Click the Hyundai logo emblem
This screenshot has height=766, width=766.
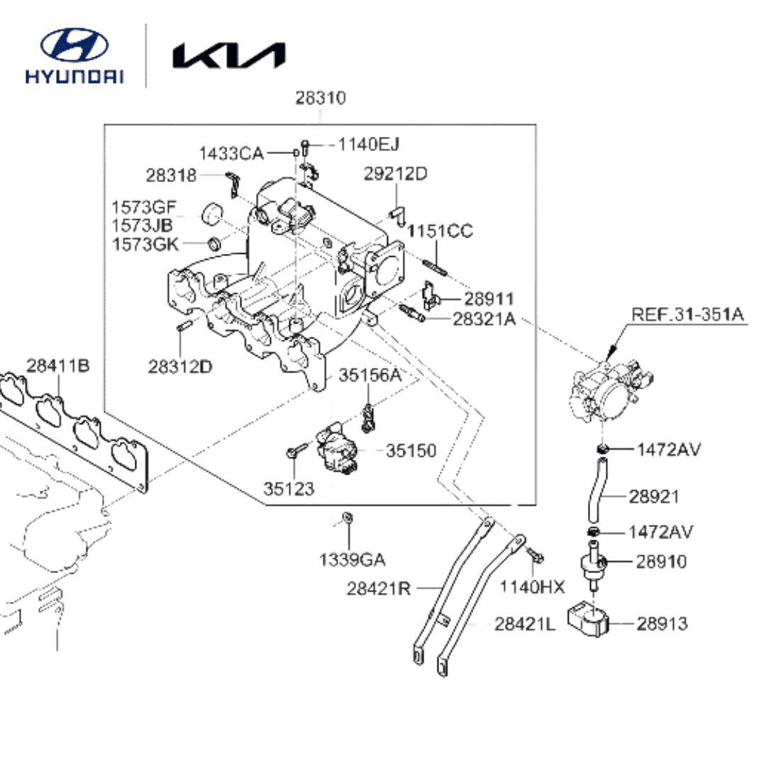(74, 45)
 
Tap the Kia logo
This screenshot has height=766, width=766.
(228, 55)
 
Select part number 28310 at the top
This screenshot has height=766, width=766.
(321, 98)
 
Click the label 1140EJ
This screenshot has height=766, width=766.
(369, 144)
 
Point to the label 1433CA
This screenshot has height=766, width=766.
(231, 153)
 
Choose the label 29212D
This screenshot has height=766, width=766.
(395, 174)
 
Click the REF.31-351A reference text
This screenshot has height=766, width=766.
(687, 315)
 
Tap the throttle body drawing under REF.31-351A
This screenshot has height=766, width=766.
(612, 390)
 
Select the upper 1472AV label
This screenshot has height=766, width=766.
(668, 450)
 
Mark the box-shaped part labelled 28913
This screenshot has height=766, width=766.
(588, 619)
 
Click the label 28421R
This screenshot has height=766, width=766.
(379, 589)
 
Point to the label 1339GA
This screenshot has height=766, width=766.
(352, 560)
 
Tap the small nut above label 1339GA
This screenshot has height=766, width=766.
(348, 517)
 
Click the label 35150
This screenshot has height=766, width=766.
(411, 450)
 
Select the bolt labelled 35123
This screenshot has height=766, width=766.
(297, 450)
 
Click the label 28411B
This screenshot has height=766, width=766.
(57, 365)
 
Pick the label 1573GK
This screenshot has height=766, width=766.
(145, 244)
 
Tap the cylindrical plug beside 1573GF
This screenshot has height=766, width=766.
(212, 213)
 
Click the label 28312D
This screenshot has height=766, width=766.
(179, 367)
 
